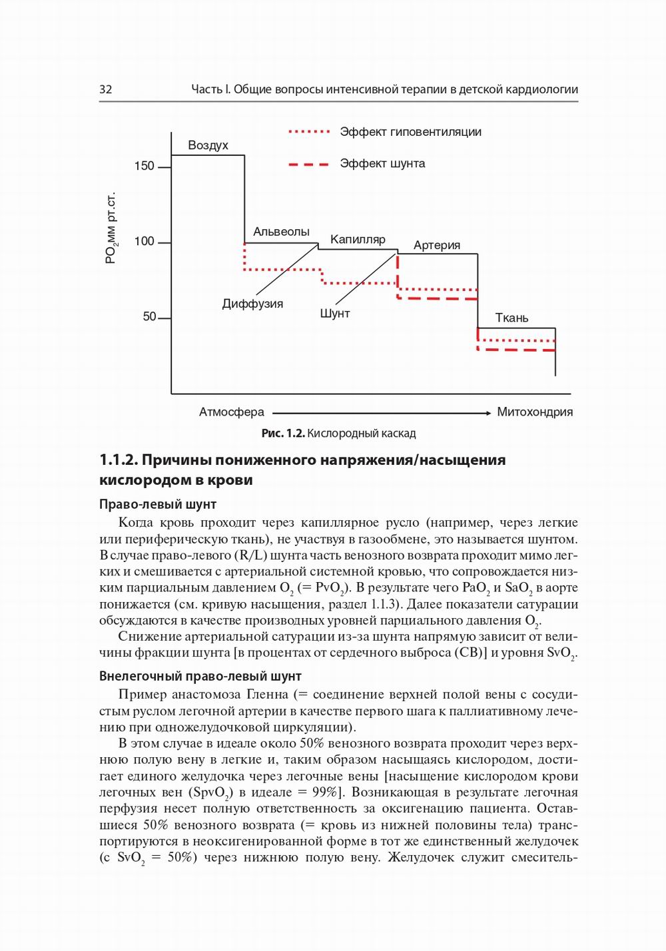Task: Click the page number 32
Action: (x=106, y=89)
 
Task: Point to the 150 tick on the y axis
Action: (x=145, y=166)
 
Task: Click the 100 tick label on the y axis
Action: (x=145, y=241)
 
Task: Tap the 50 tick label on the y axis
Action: (x=150, y=317)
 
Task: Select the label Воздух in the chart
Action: (x=208, y=145)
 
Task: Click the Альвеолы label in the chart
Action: (x=281, y=232)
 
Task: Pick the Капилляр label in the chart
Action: (x=358, y=239)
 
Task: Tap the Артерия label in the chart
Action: (x=437, y=245)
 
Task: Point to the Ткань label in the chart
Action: (x=511, y=318)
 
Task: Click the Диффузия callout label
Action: (x=252, y=304)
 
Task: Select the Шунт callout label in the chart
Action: (x=334, y=313)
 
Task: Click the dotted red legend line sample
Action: (x=309, y=132)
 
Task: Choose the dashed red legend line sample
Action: (x=309, y=164)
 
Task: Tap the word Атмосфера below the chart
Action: (x=231, y=412)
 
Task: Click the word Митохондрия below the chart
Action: (x=535, y=412)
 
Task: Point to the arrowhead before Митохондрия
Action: (x=487, y=413)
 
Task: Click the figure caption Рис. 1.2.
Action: (x=282, y=434)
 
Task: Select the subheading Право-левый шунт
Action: (x=158, y=504)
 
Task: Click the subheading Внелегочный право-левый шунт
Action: (x=200, y=676)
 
